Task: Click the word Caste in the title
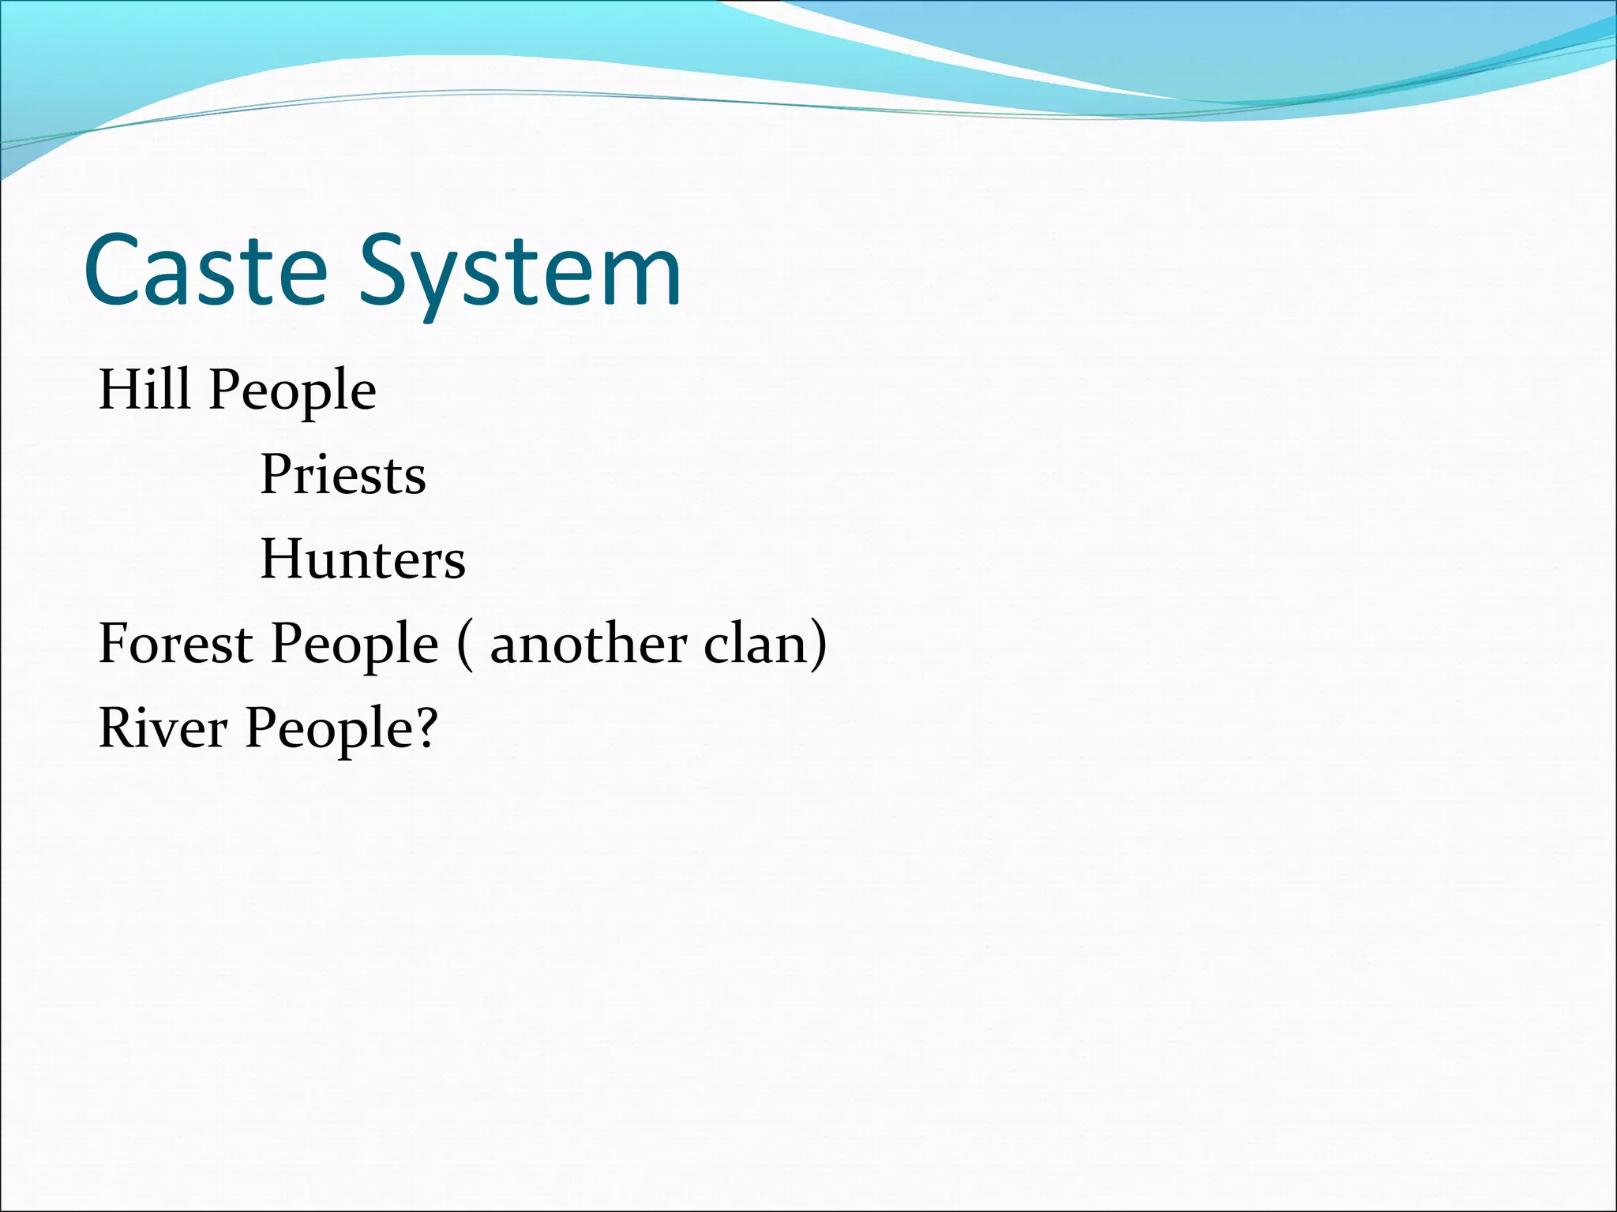point(205,270)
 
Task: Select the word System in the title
point(520,272)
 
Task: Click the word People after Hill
point(292,392)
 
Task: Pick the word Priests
point(343,475)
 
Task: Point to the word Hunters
point(362,559)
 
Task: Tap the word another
point(588,645)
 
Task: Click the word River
point(163,728)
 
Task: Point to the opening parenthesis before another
point(465,645)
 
